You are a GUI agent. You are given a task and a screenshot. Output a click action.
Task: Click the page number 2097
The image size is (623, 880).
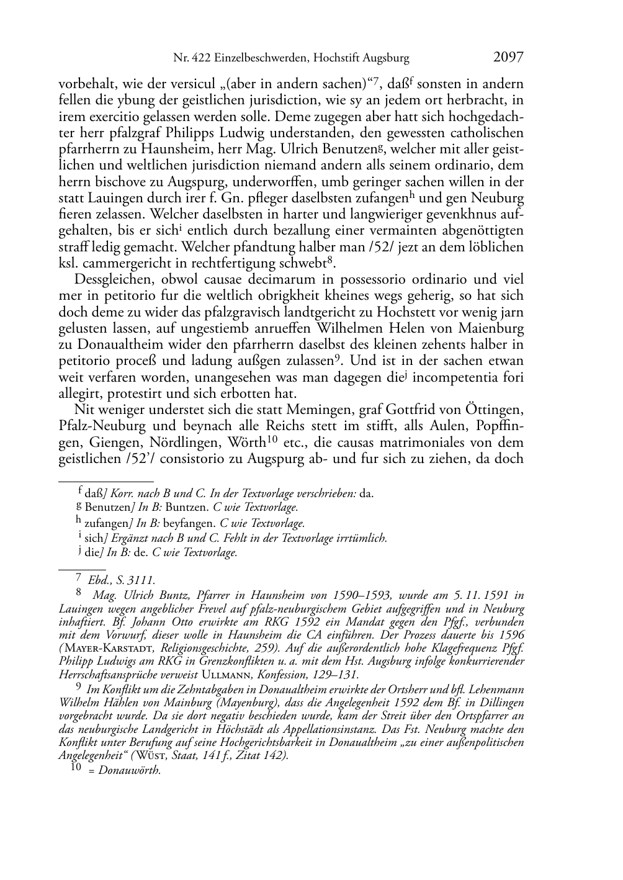tap(508, 58)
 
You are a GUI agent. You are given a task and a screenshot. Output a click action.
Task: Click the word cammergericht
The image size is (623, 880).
tap(118, 263)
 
